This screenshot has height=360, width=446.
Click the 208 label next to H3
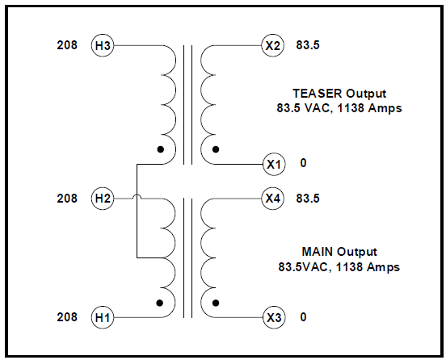(67, 45)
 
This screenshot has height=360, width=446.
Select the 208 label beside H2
(67, 199)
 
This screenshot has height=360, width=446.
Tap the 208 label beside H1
(67, 316)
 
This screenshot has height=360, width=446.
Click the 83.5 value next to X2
(308, 45)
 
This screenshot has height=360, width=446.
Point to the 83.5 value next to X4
(308, 199)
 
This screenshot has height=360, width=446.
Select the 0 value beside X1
(304, 163)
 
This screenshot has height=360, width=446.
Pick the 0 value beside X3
(304, 316)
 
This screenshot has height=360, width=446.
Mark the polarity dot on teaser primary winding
(161, 149)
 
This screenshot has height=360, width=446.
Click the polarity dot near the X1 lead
(216, 149)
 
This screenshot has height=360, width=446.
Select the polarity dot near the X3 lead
(216, 303)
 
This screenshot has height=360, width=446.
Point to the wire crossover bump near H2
(137, 195)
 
